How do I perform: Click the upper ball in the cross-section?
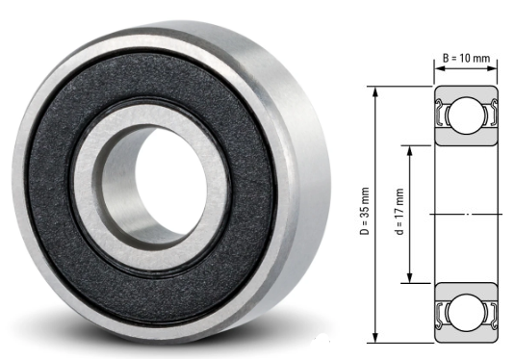pyautogui.click(x=465, y=116)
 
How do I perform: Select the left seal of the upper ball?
pyautogui.click(x=445, y=116)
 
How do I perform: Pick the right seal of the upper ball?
pyautogui.click(x=486, y=116)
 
